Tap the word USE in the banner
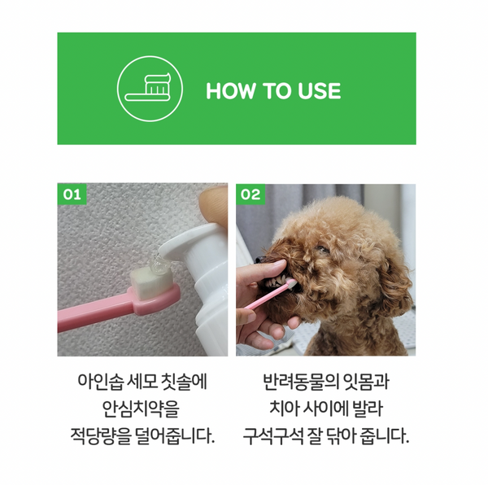pos(316,90)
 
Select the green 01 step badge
pos(72,194)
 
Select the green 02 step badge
pos(251,194)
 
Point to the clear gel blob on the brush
pos(155,263)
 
